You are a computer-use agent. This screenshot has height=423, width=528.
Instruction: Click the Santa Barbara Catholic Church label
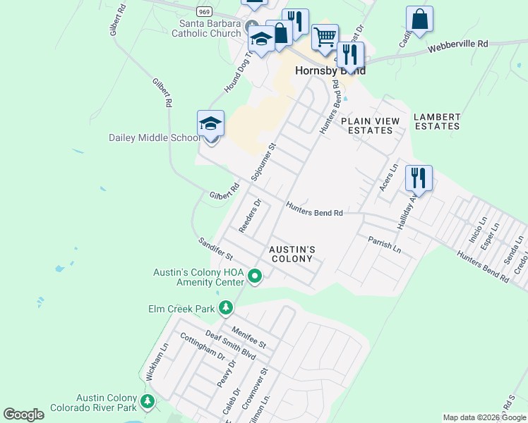coord(205,28)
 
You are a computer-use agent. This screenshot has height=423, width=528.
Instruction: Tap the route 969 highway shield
coord(205,11)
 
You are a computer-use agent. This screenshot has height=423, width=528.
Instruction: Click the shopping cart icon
coord(325,37)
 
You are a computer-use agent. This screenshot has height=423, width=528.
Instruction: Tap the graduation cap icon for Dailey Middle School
coord(210,124)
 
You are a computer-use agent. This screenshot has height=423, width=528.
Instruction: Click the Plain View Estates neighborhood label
coord(370,125)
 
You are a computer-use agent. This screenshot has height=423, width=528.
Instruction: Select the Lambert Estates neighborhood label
coord(437,121)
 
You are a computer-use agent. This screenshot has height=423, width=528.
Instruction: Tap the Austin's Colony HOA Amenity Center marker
coord(255,278)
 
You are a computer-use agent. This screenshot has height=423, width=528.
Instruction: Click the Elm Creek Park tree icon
coord(225,308)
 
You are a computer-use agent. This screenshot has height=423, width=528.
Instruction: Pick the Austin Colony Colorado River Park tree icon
coord(147,402)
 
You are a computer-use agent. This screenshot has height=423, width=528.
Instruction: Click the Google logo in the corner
coord(23,415)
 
